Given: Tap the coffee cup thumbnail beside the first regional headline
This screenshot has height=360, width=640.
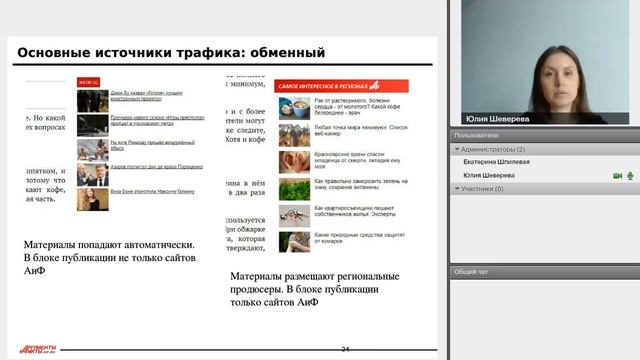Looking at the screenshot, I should point(292,107).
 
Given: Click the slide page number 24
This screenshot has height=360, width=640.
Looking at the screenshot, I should point(345,349).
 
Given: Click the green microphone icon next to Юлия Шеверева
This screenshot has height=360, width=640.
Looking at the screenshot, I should point(630,175).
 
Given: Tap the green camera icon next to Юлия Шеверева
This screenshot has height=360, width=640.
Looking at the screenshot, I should point(617,175).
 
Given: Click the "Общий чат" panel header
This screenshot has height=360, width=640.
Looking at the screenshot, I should point(471,271).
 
